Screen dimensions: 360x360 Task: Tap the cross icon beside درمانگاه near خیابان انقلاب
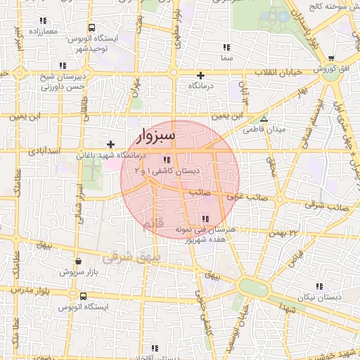[x=201, y=75]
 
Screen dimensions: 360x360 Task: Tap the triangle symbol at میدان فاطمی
[x=264, y=119]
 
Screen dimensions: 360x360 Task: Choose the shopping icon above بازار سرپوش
[x=77, y=261]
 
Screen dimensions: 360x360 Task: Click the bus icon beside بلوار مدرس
[x=74, y=297]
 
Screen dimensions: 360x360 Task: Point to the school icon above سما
[x=226, y=47]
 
